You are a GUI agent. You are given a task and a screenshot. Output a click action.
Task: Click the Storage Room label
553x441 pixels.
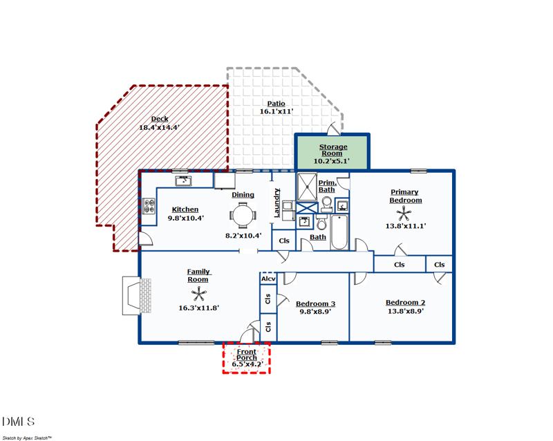332,150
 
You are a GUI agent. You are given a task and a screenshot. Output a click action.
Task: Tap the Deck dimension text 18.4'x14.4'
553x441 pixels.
159,127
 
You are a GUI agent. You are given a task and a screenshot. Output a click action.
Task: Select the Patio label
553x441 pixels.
276,104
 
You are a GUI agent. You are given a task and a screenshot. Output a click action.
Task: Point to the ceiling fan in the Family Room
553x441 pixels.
198,294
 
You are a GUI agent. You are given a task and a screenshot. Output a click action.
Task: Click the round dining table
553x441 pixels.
243,216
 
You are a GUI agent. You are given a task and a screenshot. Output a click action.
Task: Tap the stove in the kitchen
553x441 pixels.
149,206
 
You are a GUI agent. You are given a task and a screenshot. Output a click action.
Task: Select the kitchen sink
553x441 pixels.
183,181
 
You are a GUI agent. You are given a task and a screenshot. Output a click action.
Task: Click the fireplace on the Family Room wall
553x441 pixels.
132,296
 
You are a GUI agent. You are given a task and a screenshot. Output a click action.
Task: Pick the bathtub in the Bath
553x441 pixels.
339,232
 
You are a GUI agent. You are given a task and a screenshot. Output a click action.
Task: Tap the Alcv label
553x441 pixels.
268,279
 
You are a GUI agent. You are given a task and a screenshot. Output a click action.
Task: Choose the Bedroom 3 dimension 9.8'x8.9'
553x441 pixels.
315,312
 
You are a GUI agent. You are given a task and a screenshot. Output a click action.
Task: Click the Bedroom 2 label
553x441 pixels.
405,303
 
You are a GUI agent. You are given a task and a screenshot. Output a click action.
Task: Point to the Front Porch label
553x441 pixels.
247,355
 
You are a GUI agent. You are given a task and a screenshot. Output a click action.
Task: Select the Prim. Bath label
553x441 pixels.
327,185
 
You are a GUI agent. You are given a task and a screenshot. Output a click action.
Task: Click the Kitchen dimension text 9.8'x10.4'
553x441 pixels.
185,218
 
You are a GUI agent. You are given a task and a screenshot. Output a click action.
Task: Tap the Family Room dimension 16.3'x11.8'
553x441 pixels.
198,308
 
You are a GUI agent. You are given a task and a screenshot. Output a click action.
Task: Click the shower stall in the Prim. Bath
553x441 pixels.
307,187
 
